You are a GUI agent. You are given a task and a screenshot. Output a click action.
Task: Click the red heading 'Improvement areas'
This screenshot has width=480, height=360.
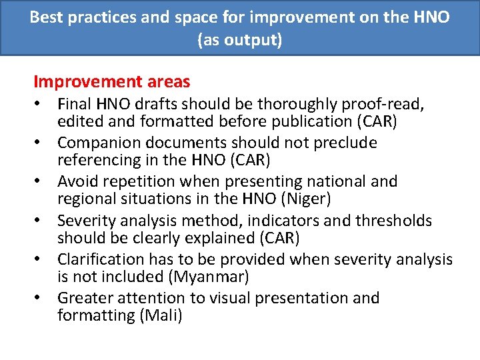click(111, 82)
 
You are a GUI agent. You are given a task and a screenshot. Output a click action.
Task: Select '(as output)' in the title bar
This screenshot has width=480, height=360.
click(240, 40)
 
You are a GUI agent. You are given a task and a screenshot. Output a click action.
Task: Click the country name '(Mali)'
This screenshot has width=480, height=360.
click(161, 315)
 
